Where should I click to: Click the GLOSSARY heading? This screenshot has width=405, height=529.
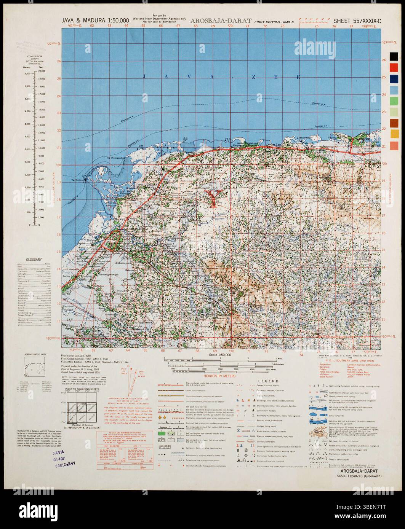click(34, 259)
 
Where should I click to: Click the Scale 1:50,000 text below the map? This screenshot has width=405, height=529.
click(223, 355)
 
